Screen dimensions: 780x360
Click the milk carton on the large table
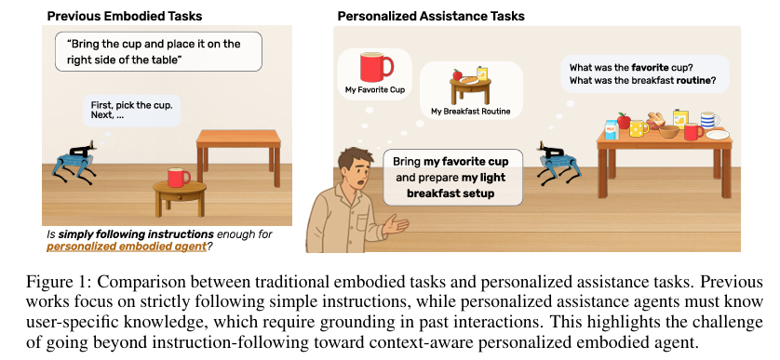[611, 130]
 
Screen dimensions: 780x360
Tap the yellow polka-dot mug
[639, 128]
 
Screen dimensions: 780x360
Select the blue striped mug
[709, 120]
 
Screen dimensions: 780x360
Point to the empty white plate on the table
[718, 134]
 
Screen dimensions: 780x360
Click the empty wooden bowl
[669, 132]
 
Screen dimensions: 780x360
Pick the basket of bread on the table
[655, 120]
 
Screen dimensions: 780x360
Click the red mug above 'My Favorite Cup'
[376, 67]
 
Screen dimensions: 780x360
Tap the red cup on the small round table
[179, 178]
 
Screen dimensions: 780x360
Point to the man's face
[355, 169]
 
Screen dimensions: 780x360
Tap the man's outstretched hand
[397, 225]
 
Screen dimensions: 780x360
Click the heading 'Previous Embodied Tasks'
[125, 16]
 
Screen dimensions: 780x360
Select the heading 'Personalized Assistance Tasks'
[431, 16]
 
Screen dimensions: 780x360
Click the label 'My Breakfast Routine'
[471, 112]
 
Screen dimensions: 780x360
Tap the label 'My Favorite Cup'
[375, 90]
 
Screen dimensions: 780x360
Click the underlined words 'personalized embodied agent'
[127, 247]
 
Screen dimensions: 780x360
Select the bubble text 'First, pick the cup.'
[132, 105]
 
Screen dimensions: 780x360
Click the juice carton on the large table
[680, 118]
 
